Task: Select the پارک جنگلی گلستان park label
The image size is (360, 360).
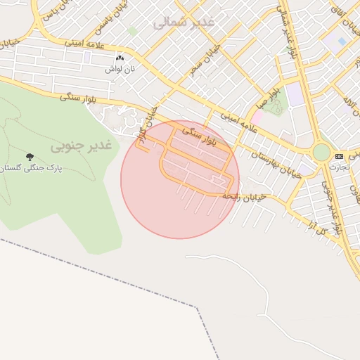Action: pos(30,169)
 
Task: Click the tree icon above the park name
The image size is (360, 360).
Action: pos(30,156)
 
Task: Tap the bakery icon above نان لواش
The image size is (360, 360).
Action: pos(119,58)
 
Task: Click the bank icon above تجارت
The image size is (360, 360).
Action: pos(340,155)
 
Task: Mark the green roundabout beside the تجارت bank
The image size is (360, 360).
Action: pos(321,152)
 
